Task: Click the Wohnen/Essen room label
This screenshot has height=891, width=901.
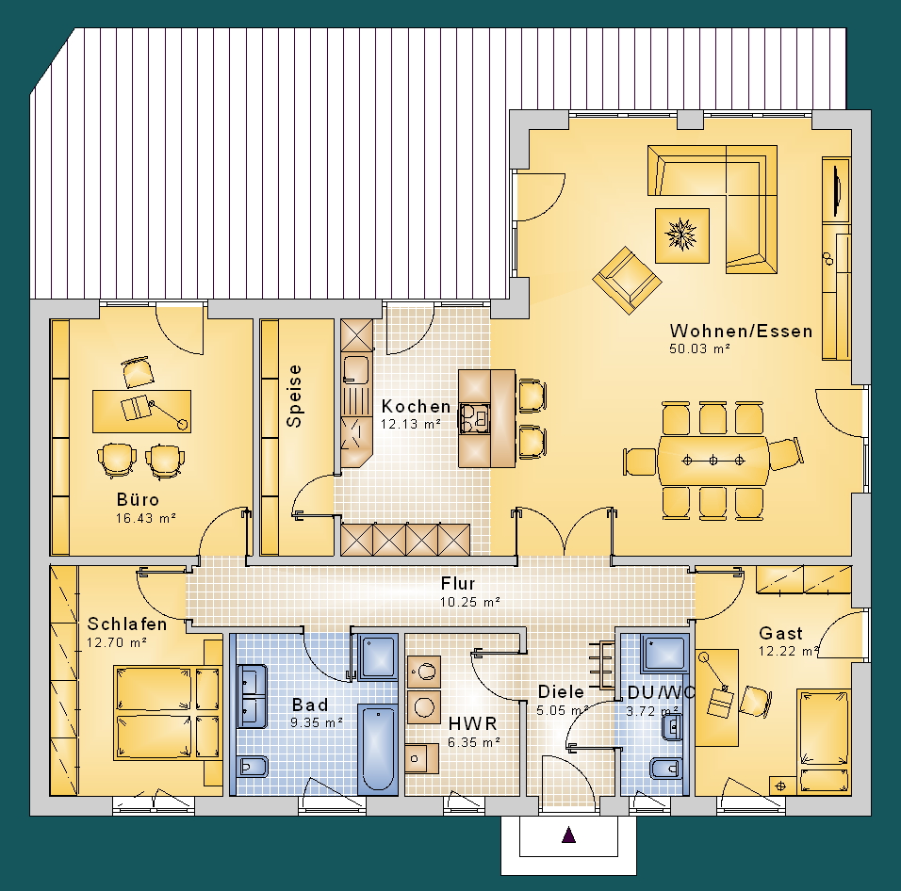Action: [741, 332]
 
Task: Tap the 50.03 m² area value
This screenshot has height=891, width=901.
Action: [699, 348]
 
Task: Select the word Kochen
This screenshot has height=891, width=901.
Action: [416, 407]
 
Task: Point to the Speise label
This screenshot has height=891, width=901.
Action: [294, 397]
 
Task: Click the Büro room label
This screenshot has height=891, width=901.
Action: [138, 499]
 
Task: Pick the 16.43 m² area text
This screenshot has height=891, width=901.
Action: [145, 518]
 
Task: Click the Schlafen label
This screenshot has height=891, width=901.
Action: [127, 624]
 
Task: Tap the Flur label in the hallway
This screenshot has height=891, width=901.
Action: [458, 583]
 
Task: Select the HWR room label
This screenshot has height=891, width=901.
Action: [472, 723]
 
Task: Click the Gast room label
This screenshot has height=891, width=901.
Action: [780, 633]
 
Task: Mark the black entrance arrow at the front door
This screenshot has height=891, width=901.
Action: [568, 834]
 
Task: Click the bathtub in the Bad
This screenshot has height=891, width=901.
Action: [378, 749]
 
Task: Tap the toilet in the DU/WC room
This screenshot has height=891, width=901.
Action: [666, 769]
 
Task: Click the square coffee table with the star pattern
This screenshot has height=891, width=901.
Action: [682, 235]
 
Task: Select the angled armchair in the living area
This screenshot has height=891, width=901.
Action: [627, 280]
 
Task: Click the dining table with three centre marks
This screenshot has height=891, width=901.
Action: [713, 461]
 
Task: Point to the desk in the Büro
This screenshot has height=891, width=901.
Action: [142, 411]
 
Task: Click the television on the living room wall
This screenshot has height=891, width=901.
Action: [836, 189]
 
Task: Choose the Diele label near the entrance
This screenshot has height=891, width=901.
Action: [561, 691]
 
